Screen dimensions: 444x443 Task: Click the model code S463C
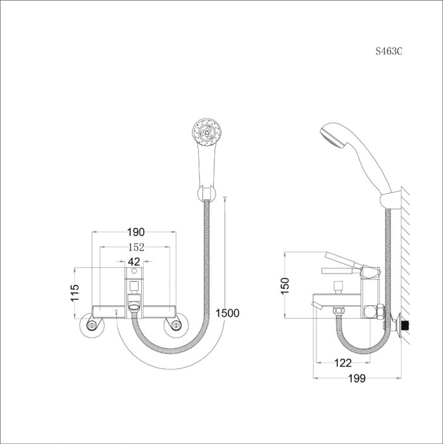click(389, 51)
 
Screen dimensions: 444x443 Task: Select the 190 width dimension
click(135, 232)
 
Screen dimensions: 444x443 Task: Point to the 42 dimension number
click(134, 262)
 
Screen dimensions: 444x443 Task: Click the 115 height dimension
click(75, 293)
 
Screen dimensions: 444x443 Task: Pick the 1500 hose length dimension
click(227, 312)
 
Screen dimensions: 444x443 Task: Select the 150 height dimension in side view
click(285, 285)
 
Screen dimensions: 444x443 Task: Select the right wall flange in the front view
click(174, 326)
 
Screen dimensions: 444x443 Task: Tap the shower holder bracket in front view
click(206, 193)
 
